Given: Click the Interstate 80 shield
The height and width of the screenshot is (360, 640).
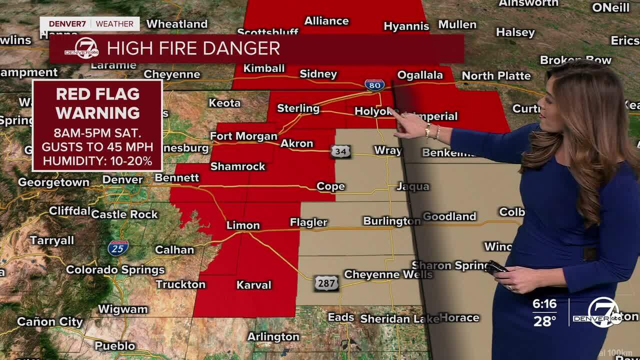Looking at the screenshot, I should (374, 85).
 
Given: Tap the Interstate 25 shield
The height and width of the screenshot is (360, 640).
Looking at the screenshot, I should (118, 248).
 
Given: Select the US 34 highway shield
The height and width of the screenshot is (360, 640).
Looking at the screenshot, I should (340, 151).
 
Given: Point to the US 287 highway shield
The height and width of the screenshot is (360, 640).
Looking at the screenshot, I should (326, 283).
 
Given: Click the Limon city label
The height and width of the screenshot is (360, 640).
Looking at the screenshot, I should (243, 225).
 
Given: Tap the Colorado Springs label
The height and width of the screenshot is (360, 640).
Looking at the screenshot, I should (115, 270).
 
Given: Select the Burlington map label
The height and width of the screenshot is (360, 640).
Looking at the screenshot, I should (391, 221).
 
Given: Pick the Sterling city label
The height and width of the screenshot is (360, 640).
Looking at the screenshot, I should (298, 108).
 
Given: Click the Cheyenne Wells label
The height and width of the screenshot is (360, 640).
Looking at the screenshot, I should (388, 274).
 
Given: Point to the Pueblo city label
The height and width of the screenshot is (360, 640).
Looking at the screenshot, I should (114, 345).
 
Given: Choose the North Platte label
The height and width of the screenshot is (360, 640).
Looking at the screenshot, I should (496, 76).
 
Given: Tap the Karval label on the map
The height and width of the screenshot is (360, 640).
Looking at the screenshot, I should (253, 285).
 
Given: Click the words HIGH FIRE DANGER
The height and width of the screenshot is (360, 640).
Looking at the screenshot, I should (193, 48).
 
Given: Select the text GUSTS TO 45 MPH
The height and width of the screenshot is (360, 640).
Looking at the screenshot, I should (97, 147).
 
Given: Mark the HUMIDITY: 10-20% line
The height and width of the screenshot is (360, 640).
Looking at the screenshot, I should (97, 161).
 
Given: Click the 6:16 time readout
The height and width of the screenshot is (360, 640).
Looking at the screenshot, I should (544, 304).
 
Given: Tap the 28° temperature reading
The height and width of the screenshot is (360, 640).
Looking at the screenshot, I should (544, 320).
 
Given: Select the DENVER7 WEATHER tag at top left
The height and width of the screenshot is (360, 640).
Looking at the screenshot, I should (90, 24).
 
